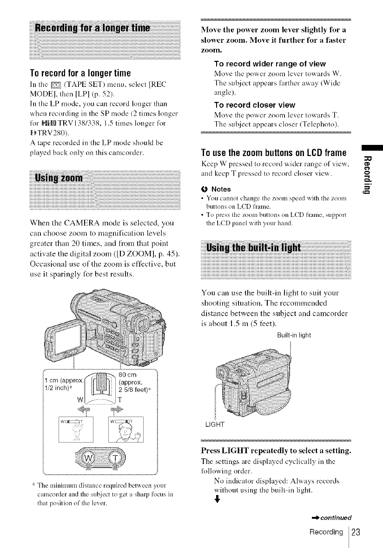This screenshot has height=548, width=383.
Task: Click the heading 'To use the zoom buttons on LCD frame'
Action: click(274, 153)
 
